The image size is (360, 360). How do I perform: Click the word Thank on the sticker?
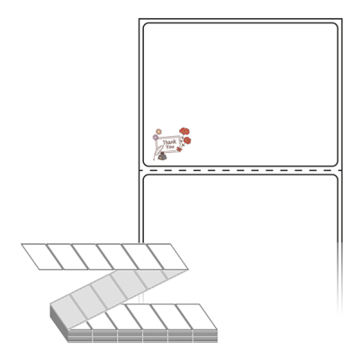pos(169,141)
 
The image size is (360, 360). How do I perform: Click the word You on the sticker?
pos(170,147)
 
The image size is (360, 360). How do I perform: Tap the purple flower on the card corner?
pos(156,138)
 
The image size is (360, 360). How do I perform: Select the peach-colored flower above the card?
pos(158,131)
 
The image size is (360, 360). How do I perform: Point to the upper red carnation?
pos(184,131)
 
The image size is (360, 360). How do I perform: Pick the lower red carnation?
pos(187,140)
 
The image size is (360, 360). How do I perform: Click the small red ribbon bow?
pos(179,148)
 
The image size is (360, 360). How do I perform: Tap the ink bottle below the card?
pos(162,156)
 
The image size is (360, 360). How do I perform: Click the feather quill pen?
pos(157,151)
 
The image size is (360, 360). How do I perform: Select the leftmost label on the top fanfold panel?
pos(42,256)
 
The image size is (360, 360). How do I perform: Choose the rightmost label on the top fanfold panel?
pos(167,256)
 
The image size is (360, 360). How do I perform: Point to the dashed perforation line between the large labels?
pos(240,170)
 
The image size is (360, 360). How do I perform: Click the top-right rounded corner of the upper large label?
pos(336,25)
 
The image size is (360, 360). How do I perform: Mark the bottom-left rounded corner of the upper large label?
pos(146,164)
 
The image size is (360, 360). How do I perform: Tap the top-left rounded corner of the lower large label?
pos(146,177)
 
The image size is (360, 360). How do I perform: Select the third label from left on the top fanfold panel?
pos(92,256)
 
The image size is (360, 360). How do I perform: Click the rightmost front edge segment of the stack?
pos(205,336)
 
